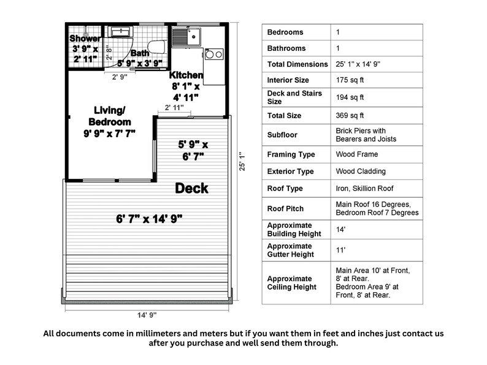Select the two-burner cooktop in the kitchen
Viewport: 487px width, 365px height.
point(214,55)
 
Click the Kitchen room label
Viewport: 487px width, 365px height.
point(186,75)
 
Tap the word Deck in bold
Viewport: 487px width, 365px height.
point(191,189)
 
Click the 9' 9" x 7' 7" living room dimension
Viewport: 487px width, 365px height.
point(109,132)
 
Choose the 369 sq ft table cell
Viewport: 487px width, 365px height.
point(350,115)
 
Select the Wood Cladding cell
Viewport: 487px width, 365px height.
point(357,171)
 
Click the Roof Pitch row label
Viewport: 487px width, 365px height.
point(285,208)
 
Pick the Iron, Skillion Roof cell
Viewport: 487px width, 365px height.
point(364,189)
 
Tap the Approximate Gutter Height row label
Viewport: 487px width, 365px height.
point(290,250)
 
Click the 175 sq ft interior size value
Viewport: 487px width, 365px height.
point(350,80)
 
